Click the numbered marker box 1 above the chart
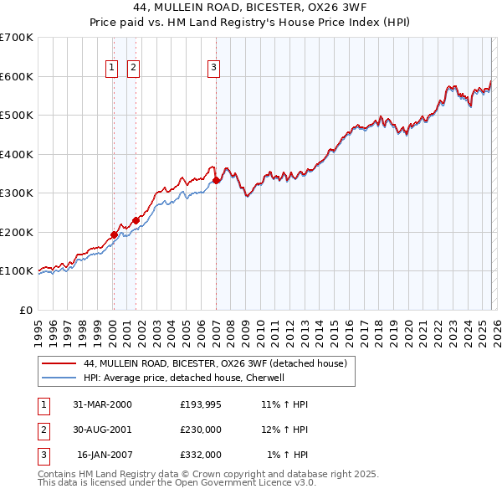click(x=112, y=69)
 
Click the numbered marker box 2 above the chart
click(x=133, y=69)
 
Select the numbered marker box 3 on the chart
click(x=213, y=69)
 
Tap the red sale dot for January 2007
click(x=216, y=180)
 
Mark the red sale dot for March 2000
click(x=114, y=234)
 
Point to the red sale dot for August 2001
click(x=136, y=220)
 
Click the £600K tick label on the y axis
click(x=17, y=76)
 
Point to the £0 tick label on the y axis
click(x=27, y=310)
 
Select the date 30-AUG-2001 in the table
click(x=102, y=430)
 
